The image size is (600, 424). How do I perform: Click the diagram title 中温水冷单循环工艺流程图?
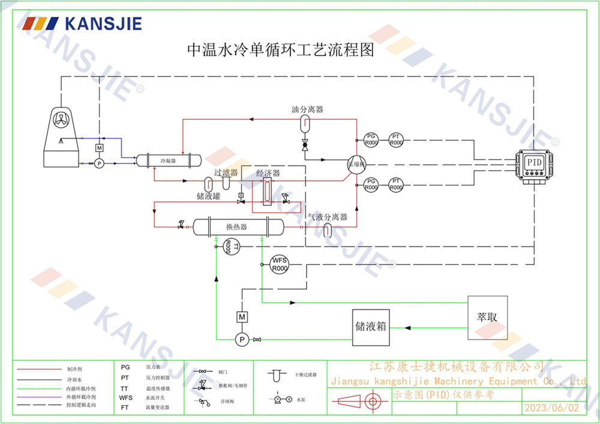[x=281, y=50]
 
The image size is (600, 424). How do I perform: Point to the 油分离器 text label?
[x=307, y=110]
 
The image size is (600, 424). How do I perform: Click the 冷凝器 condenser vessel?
[x=167, y=161]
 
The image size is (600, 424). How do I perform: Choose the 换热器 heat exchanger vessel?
[x=237, y=227]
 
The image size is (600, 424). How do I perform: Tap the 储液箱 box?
[x=370, y=328]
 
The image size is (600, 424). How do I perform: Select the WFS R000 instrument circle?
[x=280, y=264]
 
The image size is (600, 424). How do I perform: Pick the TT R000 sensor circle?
[x=231, y=246]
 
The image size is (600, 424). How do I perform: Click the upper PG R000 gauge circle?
[x=371, y=140]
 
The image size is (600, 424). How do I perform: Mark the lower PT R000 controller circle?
[x=396, y=184]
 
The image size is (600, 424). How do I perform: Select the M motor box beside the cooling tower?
[x=100, y=148]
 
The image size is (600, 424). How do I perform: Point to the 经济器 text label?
[x=268, y=173]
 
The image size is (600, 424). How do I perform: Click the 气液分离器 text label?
[x=328, y=217]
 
